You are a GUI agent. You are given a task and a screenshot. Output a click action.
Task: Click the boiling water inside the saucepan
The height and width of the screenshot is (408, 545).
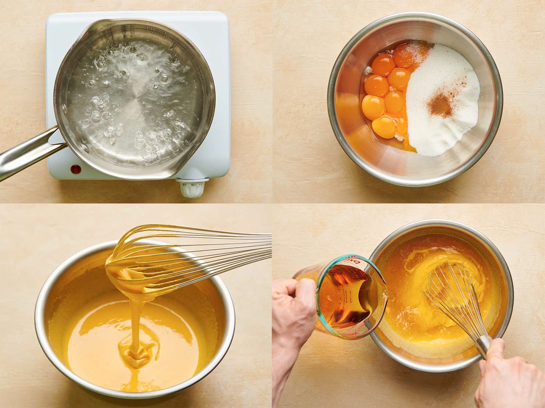[134, 98]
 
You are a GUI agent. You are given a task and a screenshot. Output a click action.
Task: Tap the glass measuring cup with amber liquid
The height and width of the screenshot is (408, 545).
[342, 294]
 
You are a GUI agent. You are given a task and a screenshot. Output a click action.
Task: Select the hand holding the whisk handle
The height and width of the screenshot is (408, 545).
[509, 377]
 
